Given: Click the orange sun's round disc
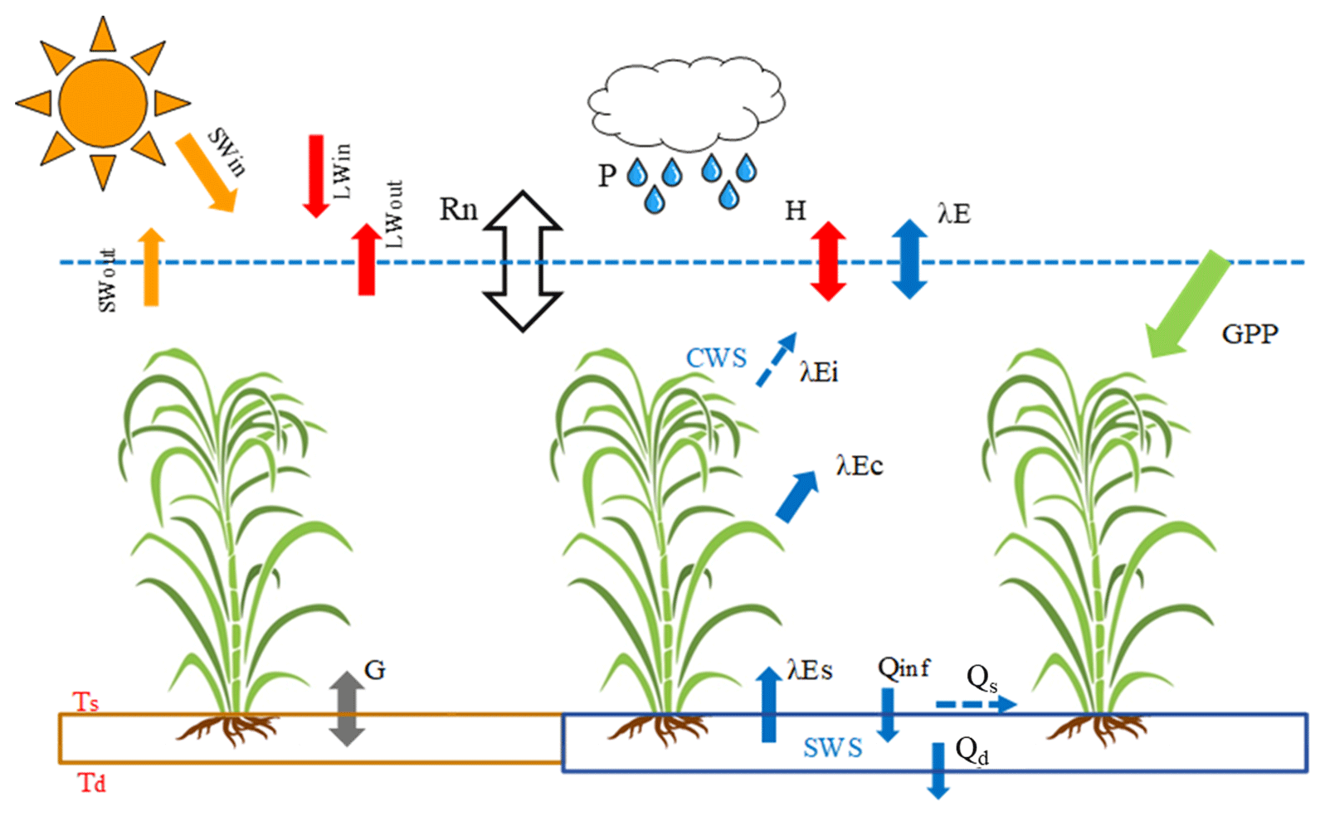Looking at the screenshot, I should point(103,103).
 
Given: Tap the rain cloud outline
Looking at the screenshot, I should point(686,100).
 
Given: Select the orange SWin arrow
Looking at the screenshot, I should point(207,173).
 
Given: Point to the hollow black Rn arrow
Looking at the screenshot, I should point(523,261).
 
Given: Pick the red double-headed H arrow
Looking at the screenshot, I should point(828,261).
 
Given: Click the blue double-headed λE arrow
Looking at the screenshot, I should point(909,259).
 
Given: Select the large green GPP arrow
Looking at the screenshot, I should point(1187,304).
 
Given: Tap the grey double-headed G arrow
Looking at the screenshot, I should point(347,708).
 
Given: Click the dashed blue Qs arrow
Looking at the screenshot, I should point(976,705).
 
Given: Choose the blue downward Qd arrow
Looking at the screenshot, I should point(938,770).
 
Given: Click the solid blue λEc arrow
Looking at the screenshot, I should point(796,497).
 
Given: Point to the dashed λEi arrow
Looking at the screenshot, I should point(776,360).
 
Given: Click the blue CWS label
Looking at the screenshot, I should point(716,358).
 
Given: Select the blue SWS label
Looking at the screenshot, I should point(832,748).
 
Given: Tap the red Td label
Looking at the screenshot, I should point(91,783).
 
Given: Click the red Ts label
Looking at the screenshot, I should point(85,702).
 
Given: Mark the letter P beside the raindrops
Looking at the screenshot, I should point(607,176).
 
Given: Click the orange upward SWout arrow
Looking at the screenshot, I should point(150,267).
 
